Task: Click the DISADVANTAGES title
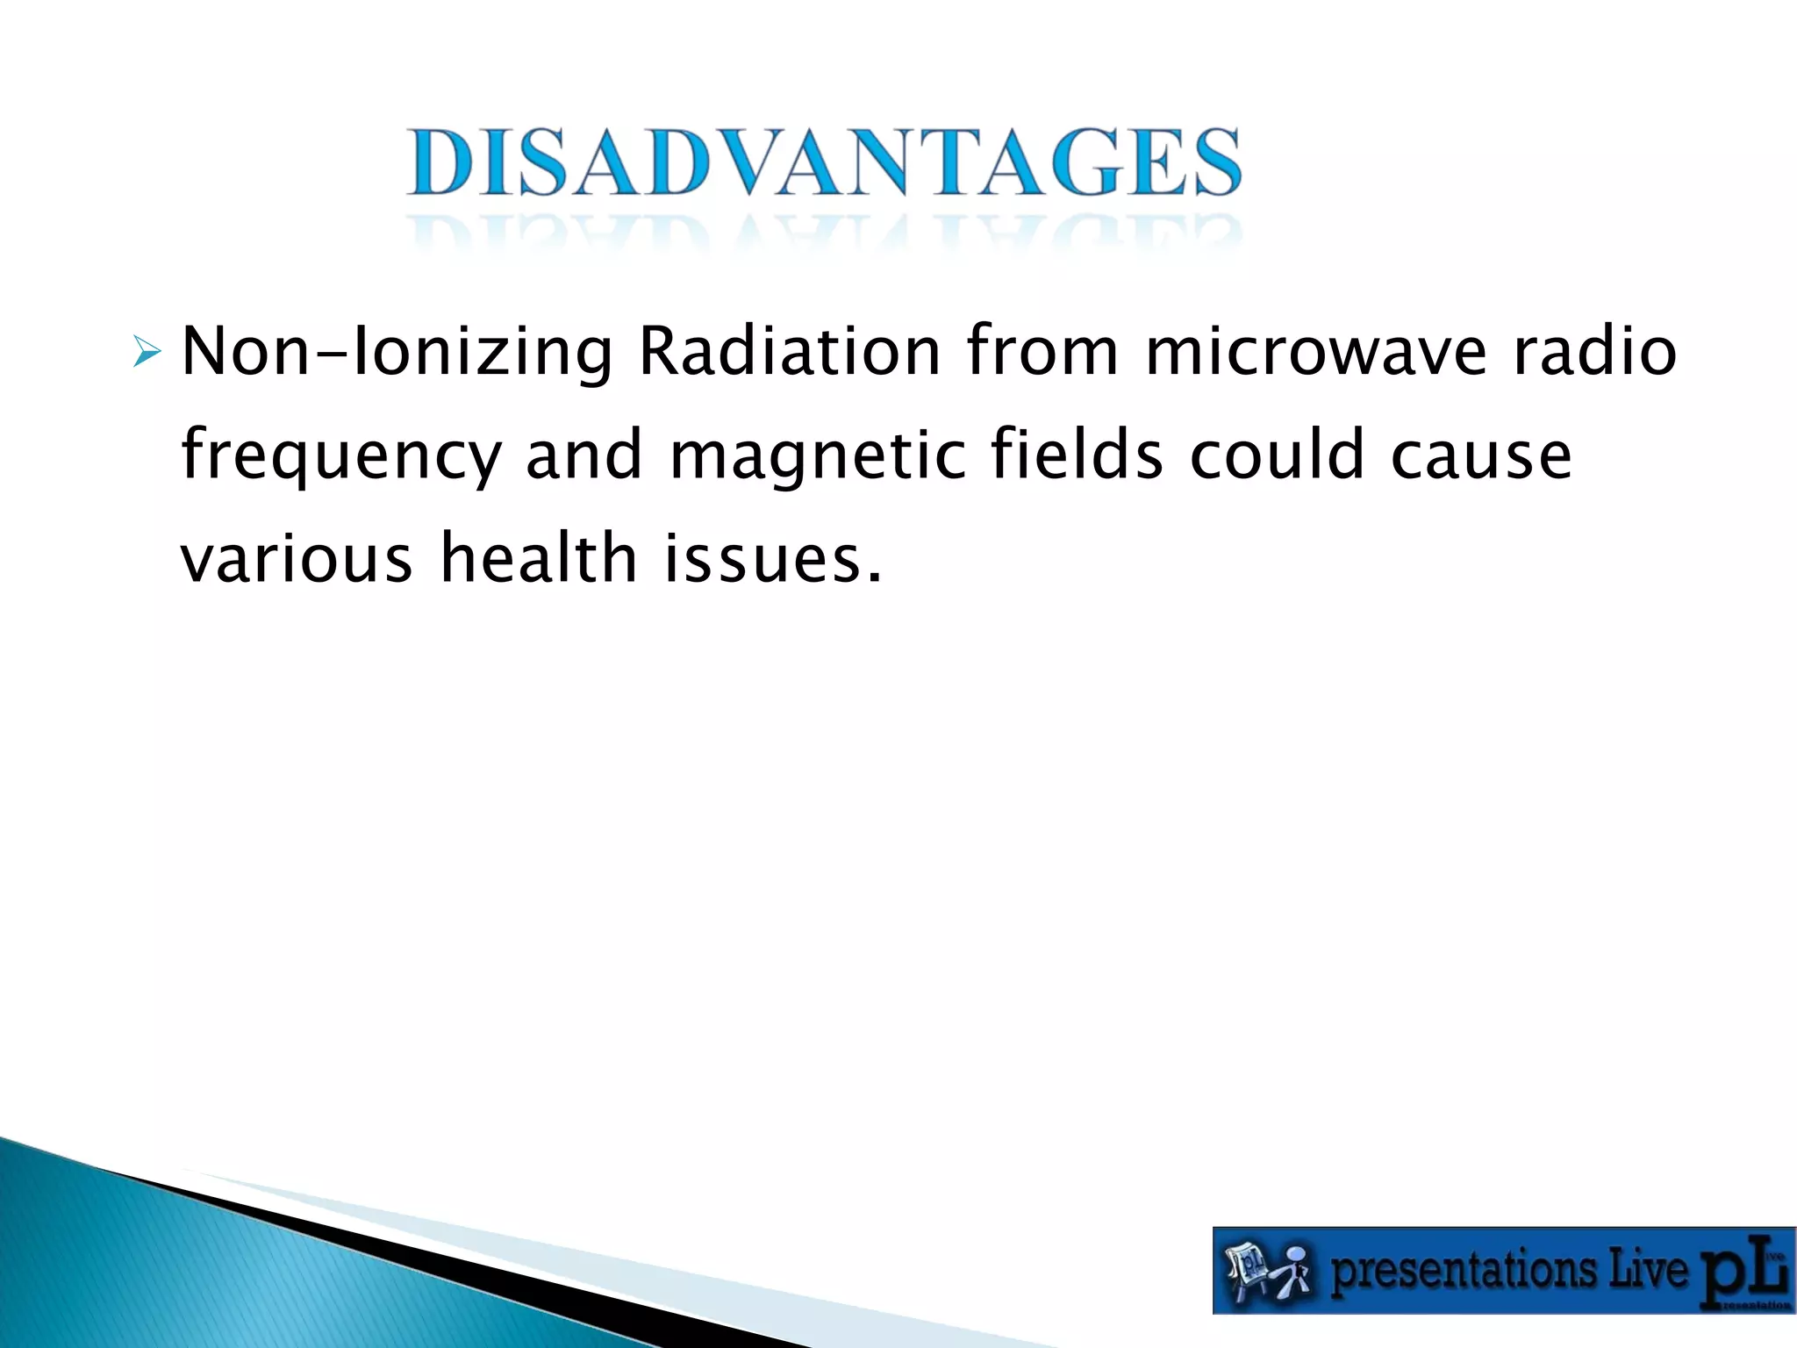[823, 163]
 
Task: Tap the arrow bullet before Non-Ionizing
[146, 352]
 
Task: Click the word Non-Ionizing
[397, 352]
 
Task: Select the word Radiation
[790, 352]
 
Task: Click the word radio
[1596, 352]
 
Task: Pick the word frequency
[341, 457]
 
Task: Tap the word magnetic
[818, 457]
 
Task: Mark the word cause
[1482, 457]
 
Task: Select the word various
[297, 559]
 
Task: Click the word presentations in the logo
[1463, 1272]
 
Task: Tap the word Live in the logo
[1650, 1270]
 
